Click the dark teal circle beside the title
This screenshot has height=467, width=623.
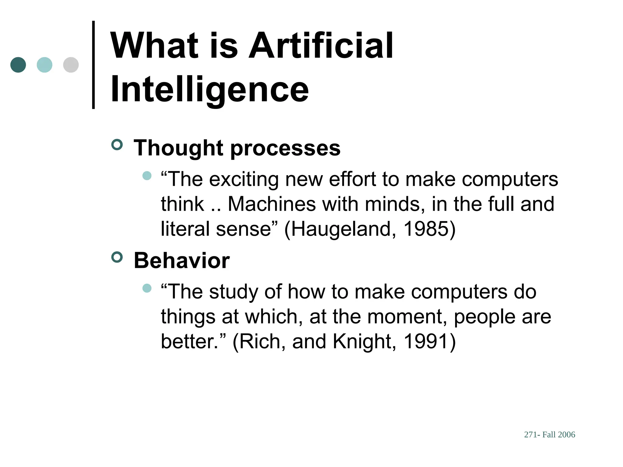pyautogui.click(x=18, y=65)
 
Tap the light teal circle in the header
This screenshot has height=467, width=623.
pyautogui.click(x=44, y=65)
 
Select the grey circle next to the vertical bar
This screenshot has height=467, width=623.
pyautogui.click(x=71, y=65)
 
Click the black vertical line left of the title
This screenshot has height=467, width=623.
pyautogui.click(x=93, y=65)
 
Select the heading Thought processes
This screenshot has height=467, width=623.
pyautogui.click(x=237, y=148)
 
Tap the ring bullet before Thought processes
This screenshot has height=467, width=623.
pyautogui.click(x=117, y=144)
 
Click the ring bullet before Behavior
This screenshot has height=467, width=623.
pyautogui.click(x=117, y=257)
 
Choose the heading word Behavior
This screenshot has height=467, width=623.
pyautogui.click(x=182, y=261)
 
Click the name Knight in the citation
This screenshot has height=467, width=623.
pyautogui.click(x=362, y=341)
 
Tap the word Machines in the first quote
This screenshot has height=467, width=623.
pyautogui.click(x=272, y=204)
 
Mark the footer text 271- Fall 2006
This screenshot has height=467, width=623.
pyautogui.click(x=549, y=434)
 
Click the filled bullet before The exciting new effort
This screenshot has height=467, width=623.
pyautogui.click(x=147, y=176)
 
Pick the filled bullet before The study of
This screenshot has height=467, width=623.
pyautogui.click(x=147, y=288)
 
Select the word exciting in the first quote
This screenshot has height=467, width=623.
pyautogui.click(x=244, y=179)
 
